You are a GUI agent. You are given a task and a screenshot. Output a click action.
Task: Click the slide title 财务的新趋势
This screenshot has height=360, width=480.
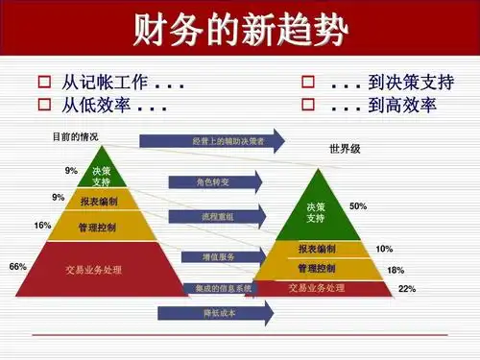pyautogui.click(x=239, y=28)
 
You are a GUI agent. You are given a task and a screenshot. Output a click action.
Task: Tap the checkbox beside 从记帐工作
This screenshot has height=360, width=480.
pyautogui.click(x=43, y=83)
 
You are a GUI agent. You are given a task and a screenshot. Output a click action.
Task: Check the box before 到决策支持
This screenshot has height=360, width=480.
pyautogui.click(x=308, y=83)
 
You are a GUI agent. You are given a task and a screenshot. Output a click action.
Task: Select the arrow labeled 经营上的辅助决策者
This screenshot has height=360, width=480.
pyautogui.click(x=212, y=142)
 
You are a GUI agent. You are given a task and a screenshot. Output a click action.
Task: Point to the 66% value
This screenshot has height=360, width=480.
pyautogui.click(x=17, y=266)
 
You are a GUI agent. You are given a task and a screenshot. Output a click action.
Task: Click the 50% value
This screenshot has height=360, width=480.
pyautogui.click(x=358, y=206)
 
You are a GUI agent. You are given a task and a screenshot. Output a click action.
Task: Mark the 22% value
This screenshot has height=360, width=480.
pyautogui.click(x=406, y=289)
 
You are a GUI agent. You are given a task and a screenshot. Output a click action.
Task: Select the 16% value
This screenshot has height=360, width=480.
pyautogui.click(x=42, y=226)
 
